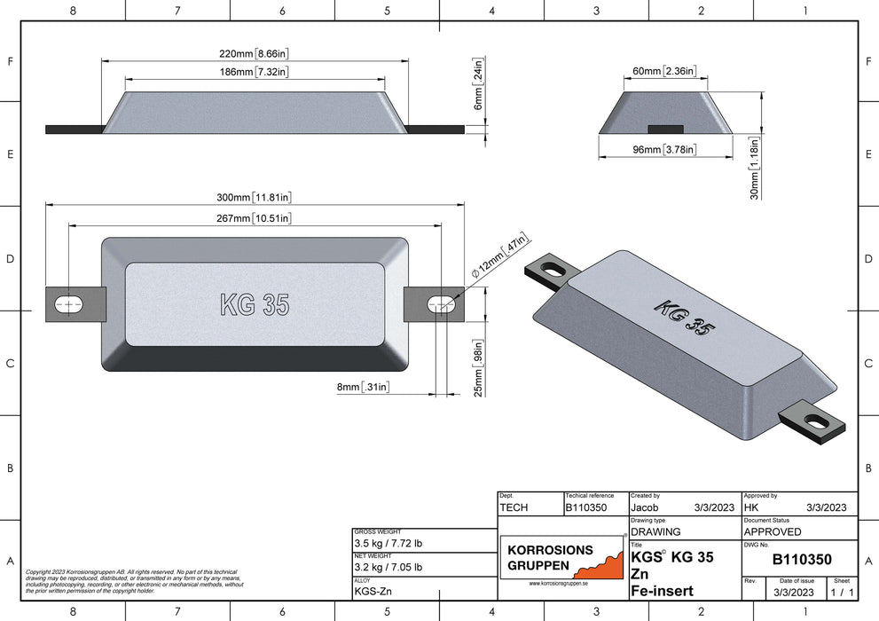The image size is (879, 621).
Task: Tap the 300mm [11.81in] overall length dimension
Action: pyautogui.click(x=255, y=197)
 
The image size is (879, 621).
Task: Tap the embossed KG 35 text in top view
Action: pyautogui.click(x=254, y=304)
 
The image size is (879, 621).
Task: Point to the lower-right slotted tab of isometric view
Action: pyautogui.click(x=812, y=423)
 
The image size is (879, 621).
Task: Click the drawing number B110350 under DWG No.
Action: pyautogui.click(x=801, y=560)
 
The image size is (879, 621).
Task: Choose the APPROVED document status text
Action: pyautogui.click(x=772, y=531)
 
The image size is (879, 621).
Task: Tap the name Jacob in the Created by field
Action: pyautogui.click(x=645, y=507)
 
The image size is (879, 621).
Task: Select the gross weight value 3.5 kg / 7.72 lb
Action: pyautogui.click(x=388, y=542)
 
